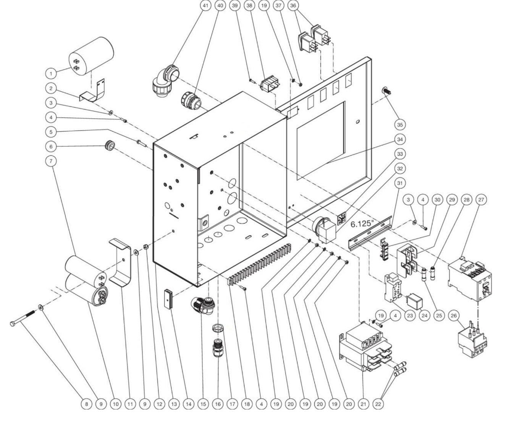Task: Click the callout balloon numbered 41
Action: (206, 6)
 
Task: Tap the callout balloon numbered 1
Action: (51, 73)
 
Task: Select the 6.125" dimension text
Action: (361, 224)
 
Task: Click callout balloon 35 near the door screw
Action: (400, 124)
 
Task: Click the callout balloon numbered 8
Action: (87, 404)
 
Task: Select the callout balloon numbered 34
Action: (400, 139)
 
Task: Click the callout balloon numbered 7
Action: (51, 161)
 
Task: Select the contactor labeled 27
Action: (469, 278)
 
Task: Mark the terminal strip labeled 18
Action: (260, 263)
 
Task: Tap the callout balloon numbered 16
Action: (218, 404)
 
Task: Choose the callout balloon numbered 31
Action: (400, 184)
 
